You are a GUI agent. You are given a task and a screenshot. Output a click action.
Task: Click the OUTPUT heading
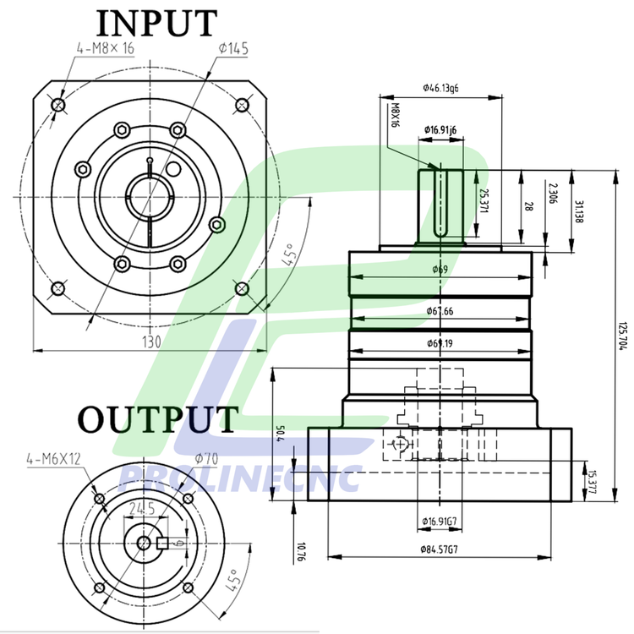point(158,420)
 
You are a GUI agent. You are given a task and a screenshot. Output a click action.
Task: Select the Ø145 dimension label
point(232,49)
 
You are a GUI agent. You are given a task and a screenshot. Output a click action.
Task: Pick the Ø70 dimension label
point(206,458)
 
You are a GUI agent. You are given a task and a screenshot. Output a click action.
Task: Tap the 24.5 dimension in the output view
point(141,509)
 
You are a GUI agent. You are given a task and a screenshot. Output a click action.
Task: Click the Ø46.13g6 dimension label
point(440,88)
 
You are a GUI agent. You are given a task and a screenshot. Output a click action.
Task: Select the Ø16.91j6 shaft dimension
point(440,130)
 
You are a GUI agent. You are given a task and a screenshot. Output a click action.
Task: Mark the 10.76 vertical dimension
point(300,552)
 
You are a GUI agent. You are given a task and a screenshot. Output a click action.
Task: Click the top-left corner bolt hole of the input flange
point(58,104)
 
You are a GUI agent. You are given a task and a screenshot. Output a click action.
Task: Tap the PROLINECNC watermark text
point(241,479)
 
